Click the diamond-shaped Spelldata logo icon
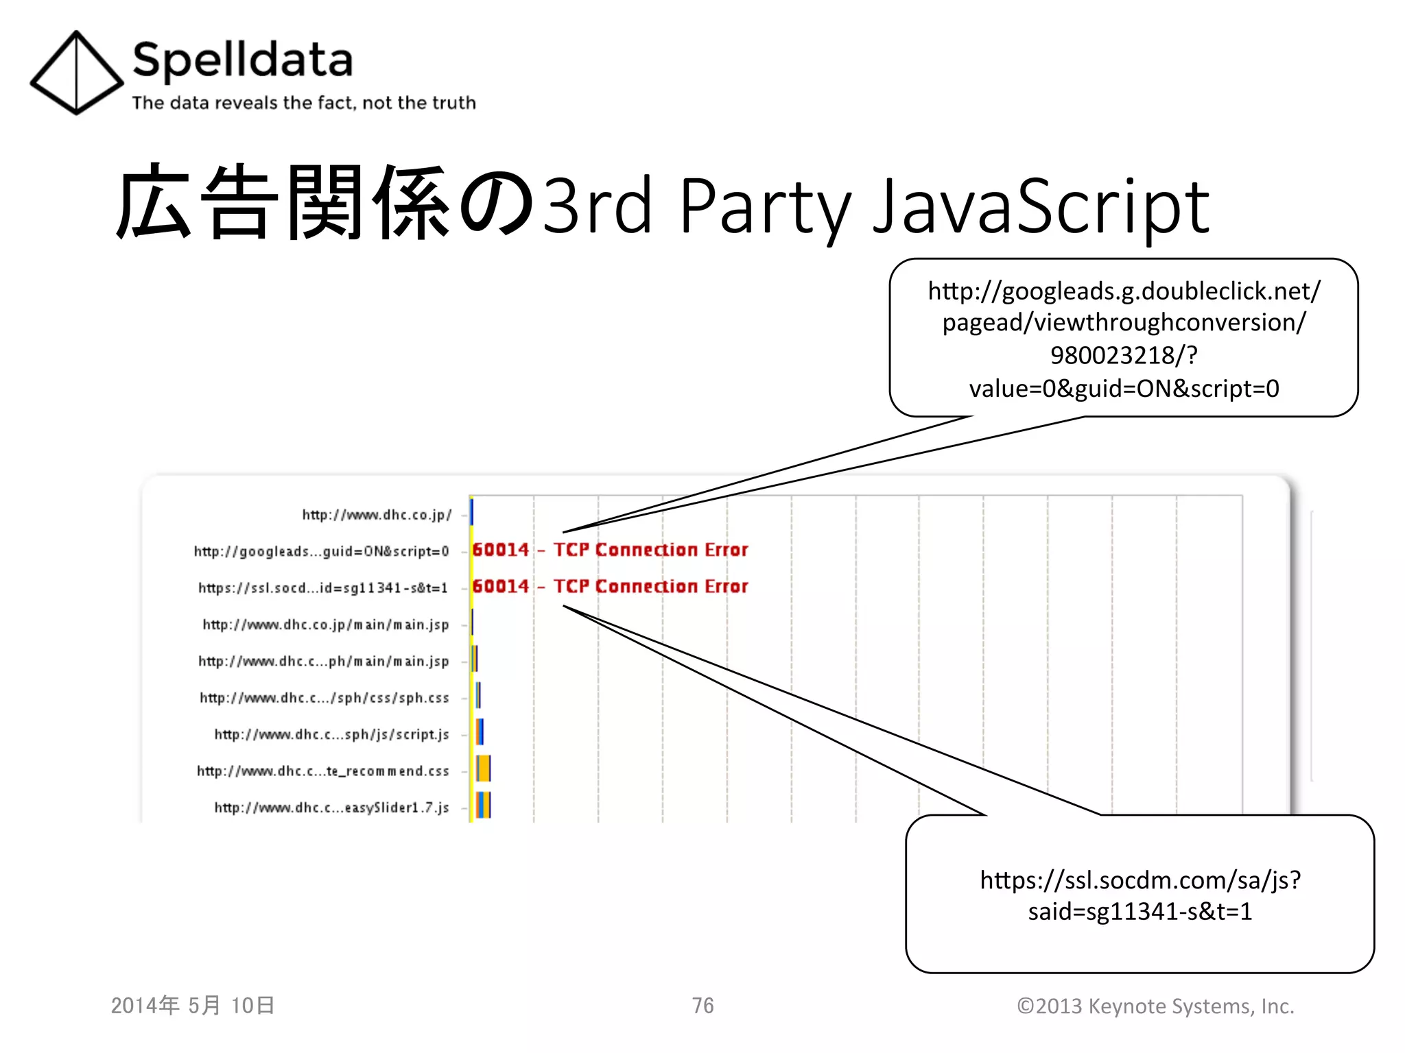76,72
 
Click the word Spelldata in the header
242,60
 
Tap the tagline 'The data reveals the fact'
303,103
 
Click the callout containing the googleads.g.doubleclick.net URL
1123,338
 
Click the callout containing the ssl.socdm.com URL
1140,895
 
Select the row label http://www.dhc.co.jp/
377,515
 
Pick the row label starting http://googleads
321,551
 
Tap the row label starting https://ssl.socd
323,588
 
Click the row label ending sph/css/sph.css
324,698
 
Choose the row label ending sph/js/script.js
331,734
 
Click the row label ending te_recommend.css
323,771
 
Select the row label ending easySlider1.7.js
331,808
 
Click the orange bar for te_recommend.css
484,768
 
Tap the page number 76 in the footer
702,1006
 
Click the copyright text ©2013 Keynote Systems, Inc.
1155,1006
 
